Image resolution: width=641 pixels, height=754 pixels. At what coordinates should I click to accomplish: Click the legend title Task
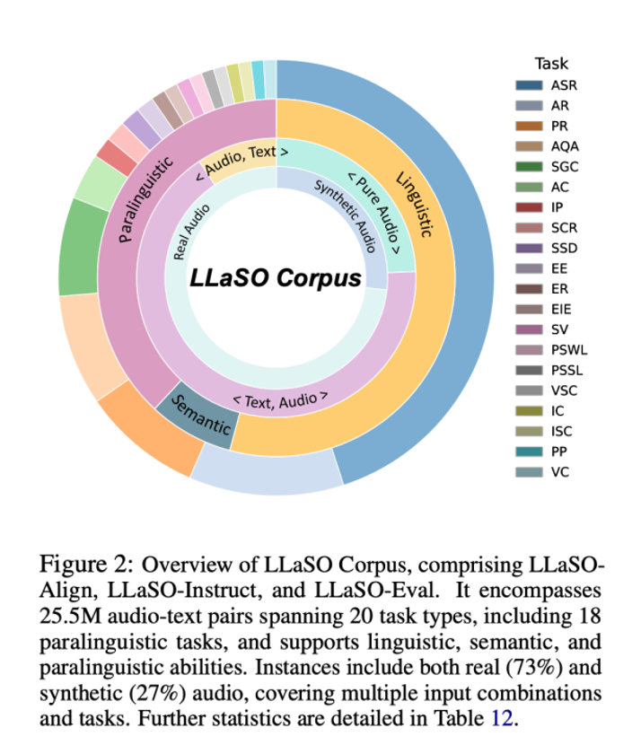pyautogui.click(x=551, y=64)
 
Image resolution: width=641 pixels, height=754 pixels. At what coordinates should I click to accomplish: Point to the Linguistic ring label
pyautogui.click(x=413, y=200)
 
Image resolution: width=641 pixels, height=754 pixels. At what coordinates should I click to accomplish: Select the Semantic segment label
pyautogui.click(x=198, y=418)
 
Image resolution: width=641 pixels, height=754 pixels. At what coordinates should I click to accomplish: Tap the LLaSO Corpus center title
pyautogui.click(x=276, y=277)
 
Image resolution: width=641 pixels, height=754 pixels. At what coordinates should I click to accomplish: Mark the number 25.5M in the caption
pyautogui.click(x=68, y=621)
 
